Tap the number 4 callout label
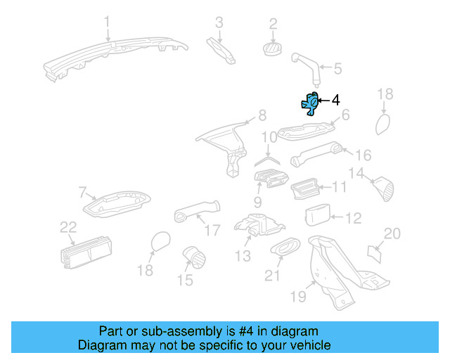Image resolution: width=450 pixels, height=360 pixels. (x=335, y=100)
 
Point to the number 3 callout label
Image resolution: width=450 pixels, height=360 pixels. (x=219, y=22)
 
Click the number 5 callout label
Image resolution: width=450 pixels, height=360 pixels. (x=337, y=68)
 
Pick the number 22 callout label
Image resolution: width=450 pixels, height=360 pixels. (x=67, y=226)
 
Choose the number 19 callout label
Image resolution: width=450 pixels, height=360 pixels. (x=298, y=297)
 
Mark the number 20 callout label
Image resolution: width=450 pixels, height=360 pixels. (x=392, y=233)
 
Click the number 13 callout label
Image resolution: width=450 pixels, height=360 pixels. (x=243, y=257)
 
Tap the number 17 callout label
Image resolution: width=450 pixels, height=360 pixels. (x=212, y=229)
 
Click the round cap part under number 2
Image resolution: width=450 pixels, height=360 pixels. (x=271, y=48)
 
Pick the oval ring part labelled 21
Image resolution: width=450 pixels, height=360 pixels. (x=283, y=247)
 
